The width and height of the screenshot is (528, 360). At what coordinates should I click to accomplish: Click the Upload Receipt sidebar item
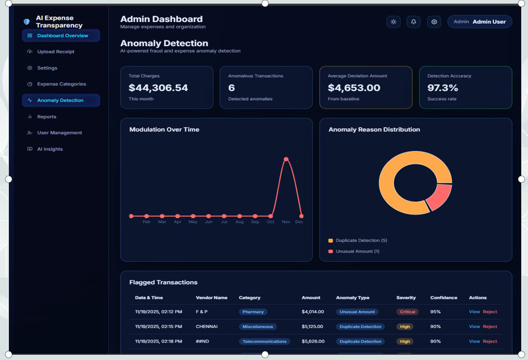pos(55,52)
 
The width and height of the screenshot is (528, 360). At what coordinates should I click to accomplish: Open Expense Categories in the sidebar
pos(61,84)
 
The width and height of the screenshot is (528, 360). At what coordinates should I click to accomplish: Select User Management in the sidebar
pos(59,133)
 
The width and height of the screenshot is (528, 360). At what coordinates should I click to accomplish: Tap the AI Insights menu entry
pos(50,149)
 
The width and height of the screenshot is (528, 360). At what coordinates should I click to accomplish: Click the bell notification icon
pos(413,22)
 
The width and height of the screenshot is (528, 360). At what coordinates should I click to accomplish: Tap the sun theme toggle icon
pos(393,22)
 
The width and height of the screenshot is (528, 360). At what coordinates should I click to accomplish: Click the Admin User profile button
pos(479,22)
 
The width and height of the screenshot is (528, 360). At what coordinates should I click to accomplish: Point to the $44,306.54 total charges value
pos(158,88)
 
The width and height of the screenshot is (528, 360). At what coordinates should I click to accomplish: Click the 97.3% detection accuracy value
pos(443,88)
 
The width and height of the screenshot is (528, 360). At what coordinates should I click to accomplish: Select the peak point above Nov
pos(286,159)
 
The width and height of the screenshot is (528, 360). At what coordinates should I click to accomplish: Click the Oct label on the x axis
pos(271,222)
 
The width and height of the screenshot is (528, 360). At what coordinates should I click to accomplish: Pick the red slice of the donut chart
pos(439,197)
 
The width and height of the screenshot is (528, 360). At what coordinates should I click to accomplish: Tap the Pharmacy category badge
pos(253,312)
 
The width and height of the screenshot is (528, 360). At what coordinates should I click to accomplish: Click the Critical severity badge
pos(407,312)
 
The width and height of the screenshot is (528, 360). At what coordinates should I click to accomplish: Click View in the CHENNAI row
pos(474,326)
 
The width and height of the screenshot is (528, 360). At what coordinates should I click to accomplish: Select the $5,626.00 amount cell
pos(313,342)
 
